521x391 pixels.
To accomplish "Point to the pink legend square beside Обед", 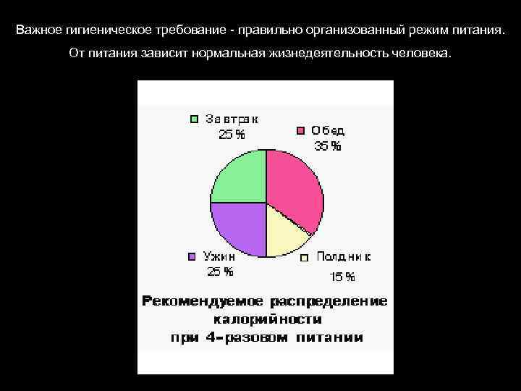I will (x=300, y=131).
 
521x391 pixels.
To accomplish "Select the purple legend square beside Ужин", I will (x=192, y=256).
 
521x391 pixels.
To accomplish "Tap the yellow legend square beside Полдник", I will (x=305, y=257).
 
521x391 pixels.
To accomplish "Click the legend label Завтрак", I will (x=232, y=119).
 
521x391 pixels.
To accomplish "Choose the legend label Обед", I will (x=329, y=131).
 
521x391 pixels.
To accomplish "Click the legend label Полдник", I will (x=344, y=257).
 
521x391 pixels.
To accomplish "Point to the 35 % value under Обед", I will (x=328, y=146).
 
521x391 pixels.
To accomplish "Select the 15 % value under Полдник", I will (x=343, y=277).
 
